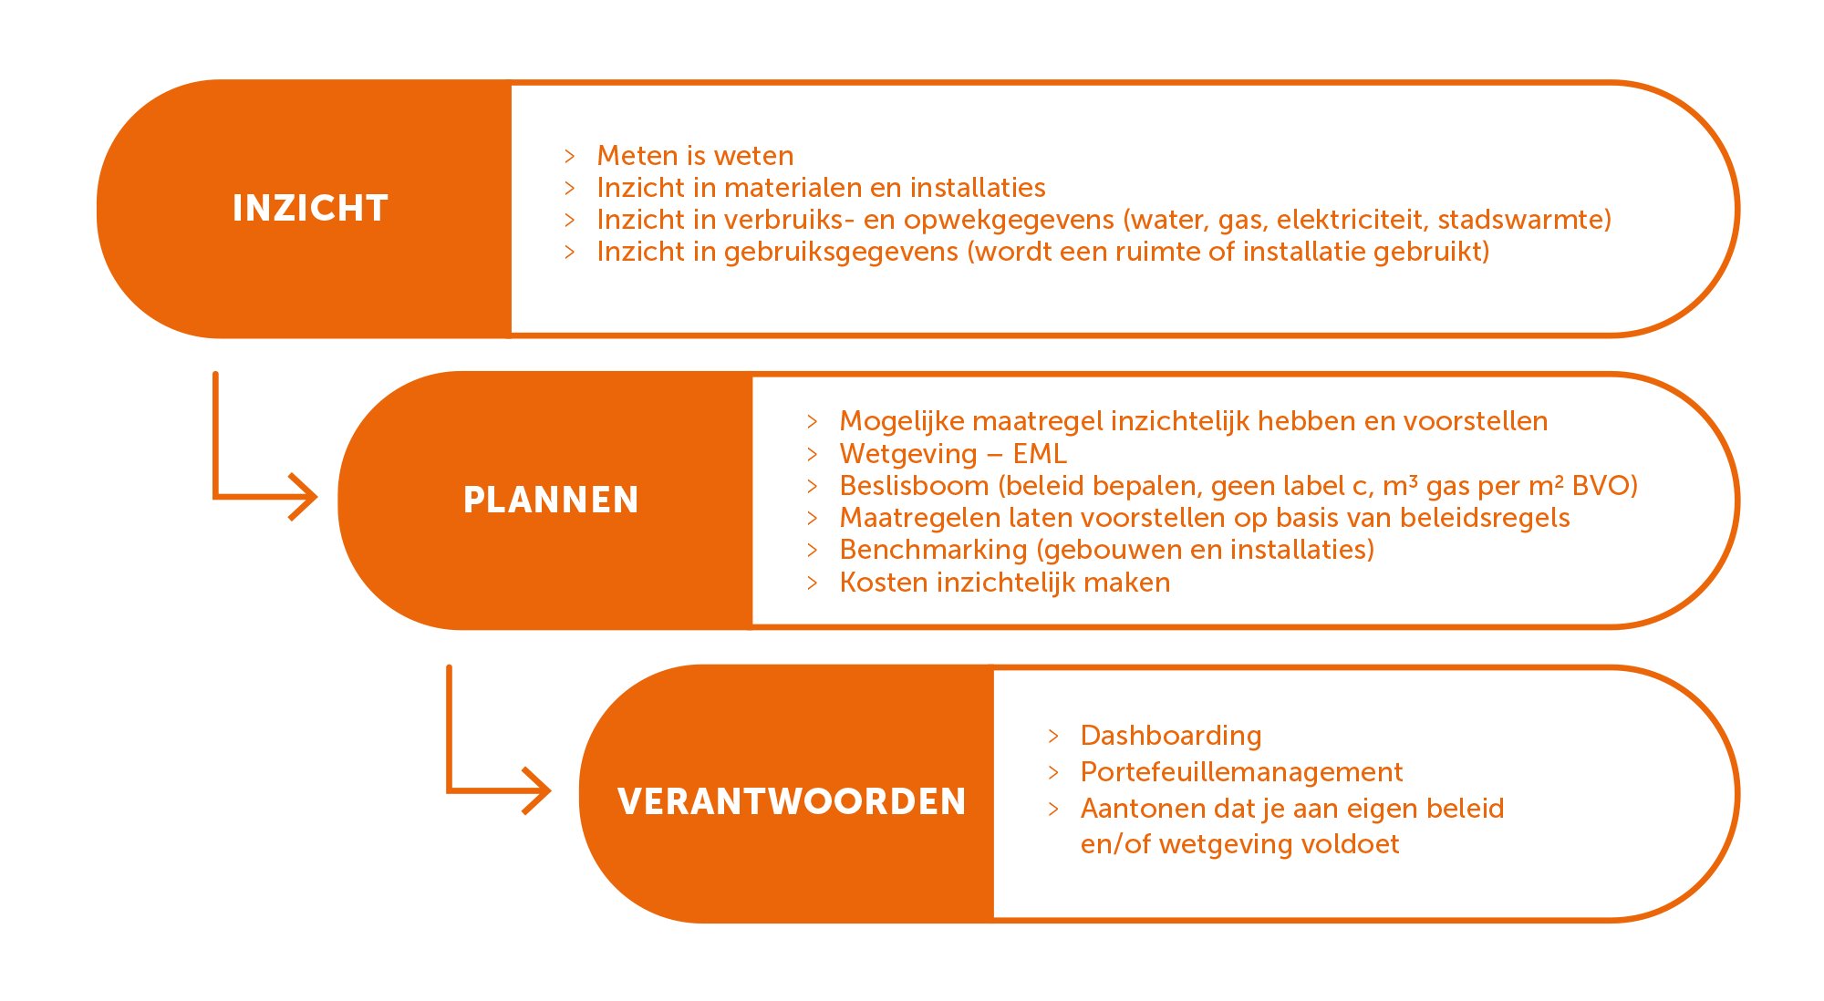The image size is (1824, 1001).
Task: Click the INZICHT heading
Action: pos(310,208)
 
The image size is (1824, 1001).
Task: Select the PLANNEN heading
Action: pos(551,500)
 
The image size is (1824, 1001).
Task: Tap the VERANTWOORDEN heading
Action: pos(792,801)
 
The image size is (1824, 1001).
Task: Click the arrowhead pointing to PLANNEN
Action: pos(303,498)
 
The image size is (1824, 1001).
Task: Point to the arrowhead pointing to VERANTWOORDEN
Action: pos(536,790)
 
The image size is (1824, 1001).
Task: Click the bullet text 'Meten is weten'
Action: pos(695,156)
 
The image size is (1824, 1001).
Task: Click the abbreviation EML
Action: pos(1040,453)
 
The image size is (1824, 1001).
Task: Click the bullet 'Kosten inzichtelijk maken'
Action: pos(1005,582)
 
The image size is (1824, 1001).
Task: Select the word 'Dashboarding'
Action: pos(1171,735)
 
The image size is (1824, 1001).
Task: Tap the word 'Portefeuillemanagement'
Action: pos(1241,772)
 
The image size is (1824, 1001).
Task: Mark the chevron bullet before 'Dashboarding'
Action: pos(1053,736)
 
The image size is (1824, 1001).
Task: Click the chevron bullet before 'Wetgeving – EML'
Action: pos(813,454)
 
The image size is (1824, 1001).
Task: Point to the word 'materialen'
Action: pos(792,188)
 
